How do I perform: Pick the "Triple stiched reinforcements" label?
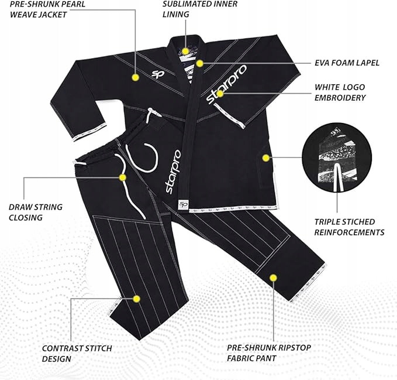coord(349,227)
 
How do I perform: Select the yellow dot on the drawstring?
coord(123,177)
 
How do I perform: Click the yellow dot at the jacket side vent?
coord(266,157)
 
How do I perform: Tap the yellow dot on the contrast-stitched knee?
coord(136,299)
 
